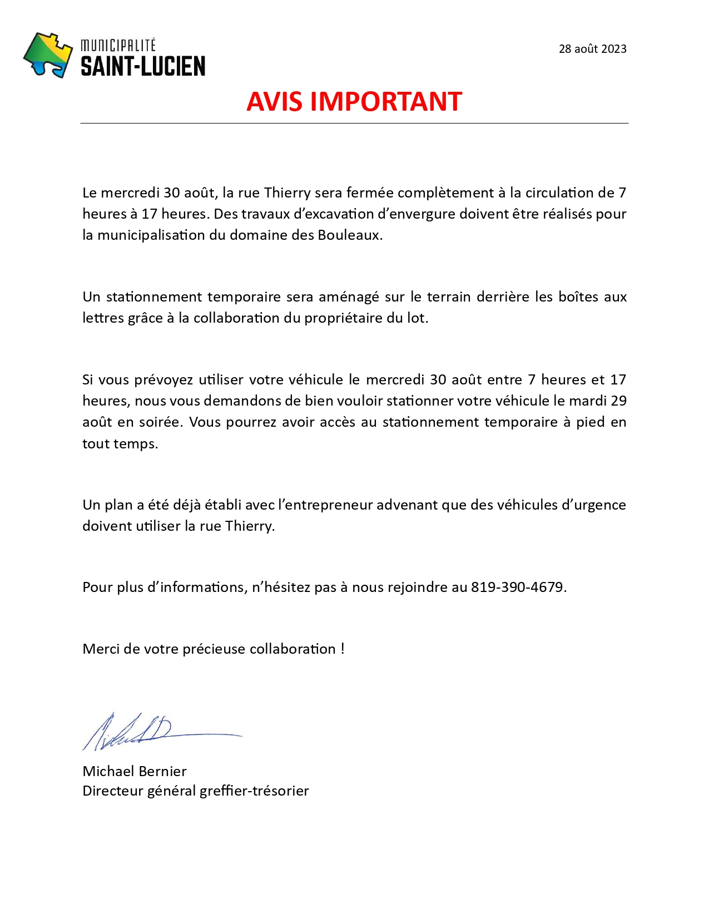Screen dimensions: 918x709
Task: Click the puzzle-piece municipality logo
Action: [x=48, y=55]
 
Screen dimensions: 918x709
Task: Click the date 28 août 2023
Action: [x=592, y=49]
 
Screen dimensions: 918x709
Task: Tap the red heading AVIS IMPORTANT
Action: [x=354, y=102]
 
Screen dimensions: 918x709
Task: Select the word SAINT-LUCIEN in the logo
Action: [x=143, y=67]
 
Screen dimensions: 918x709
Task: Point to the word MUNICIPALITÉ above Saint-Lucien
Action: [x=118, y=45]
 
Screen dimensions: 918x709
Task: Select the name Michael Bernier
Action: [x=135, y=771]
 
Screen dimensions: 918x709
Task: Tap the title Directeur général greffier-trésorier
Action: [x=195, y=791]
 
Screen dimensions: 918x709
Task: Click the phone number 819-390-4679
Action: [x=517, y=588]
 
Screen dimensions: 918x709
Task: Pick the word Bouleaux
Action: [x=349, y=235]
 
